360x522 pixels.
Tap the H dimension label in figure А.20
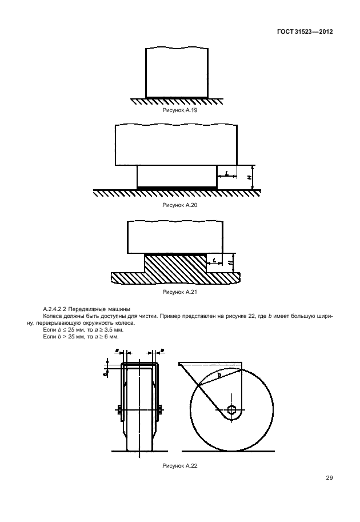[249, 177]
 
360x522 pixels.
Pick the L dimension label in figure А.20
[227, 172]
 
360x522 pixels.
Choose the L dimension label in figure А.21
[214, 261]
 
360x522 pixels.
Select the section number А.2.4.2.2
[57, 309]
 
